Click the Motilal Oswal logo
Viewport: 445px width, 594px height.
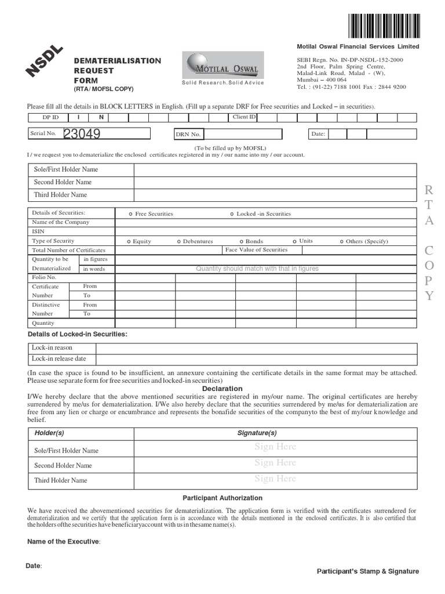[221, 66]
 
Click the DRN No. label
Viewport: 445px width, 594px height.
[188, 135]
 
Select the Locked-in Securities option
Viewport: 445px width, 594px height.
[260, 214]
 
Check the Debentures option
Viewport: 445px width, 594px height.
[195, 241]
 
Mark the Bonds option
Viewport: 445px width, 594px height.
[251, 241]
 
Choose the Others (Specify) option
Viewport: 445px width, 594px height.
[364, 241]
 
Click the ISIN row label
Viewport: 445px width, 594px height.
[38, 231]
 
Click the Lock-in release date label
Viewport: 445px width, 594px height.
[59, 358]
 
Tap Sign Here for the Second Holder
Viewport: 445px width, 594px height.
[275, 463]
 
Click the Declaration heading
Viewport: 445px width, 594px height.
[222, 389]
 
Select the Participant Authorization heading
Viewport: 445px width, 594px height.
[222, 498]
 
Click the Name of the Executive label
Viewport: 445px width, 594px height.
[64, 542]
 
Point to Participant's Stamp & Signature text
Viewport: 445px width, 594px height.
[367, 571]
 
